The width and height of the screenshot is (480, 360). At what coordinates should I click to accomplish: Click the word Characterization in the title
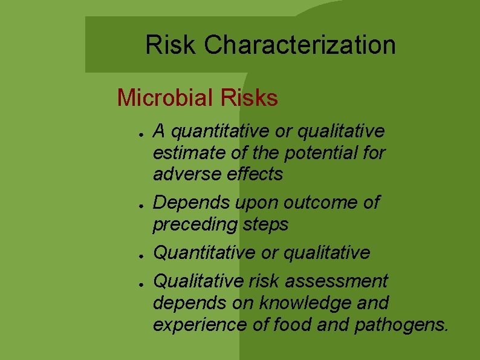point(300,45)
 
